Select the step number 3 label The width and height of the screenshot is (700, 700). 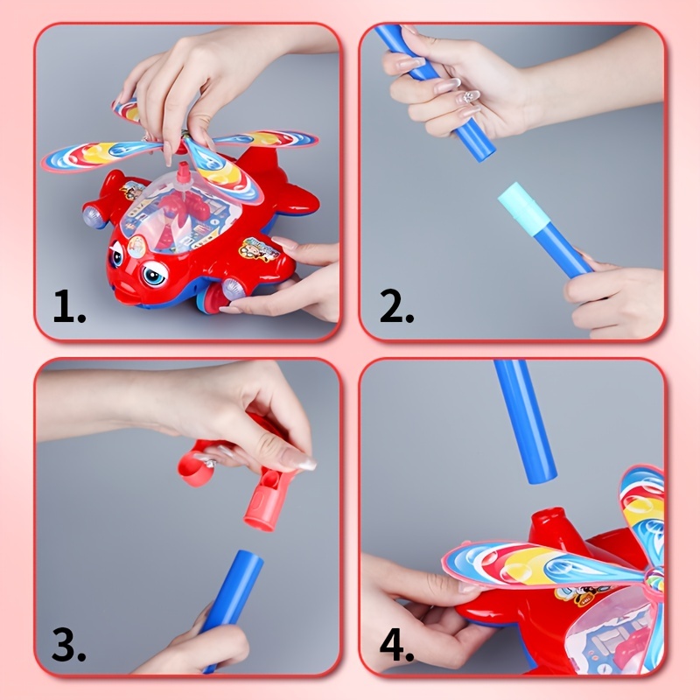67,646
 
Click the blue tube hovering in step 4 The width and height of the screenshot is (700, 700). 525,420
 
